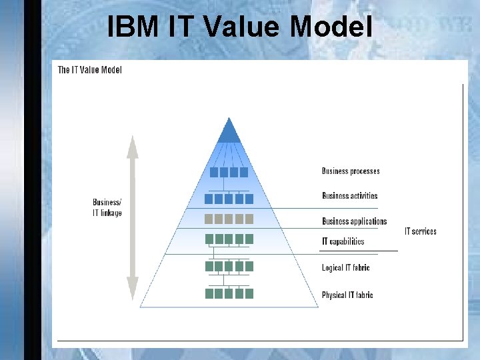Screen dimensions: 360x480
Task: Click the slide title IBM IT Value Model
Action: point(239,27)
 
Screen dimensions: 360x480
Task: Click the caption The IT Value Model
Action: point(90,70)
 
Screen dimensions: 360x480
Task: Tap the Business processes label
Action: point(351,171)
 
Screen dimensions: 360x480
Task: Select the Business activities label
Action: point(349,196)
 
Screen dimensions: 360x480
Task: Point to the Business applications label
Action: point(354,221)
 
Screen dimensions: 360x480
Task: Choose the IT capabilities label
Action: point(343,241)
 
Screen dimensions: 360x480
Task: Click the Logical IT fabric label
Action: point(345,268)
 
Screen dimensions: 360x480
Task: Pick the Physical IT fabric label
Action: point(347,295)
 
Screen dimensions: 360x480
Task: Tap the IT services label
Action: point(421,231)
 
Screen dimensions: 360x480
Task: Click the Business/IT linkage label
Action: point(107,208)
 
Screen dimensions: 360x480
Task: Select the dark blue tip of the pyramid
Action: point(229,131)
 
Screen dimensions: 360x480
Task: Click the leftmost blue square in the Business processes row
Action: point(214,172)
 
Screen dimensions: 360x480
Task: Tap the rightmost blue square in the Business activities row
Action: point(249,199)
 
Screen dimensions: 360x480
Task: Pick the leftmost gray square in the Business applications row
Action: point(209,219)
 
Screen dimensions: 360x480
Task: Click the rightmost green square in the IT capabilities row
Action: point(249,239)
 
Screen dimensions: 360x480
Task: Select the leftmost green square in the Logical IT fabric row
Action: point(209,266)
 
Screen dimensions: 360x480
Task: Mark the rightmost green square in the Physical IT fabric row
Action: point(249,293)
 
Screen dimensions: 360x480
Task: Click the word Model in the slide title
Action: point(331,27)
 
